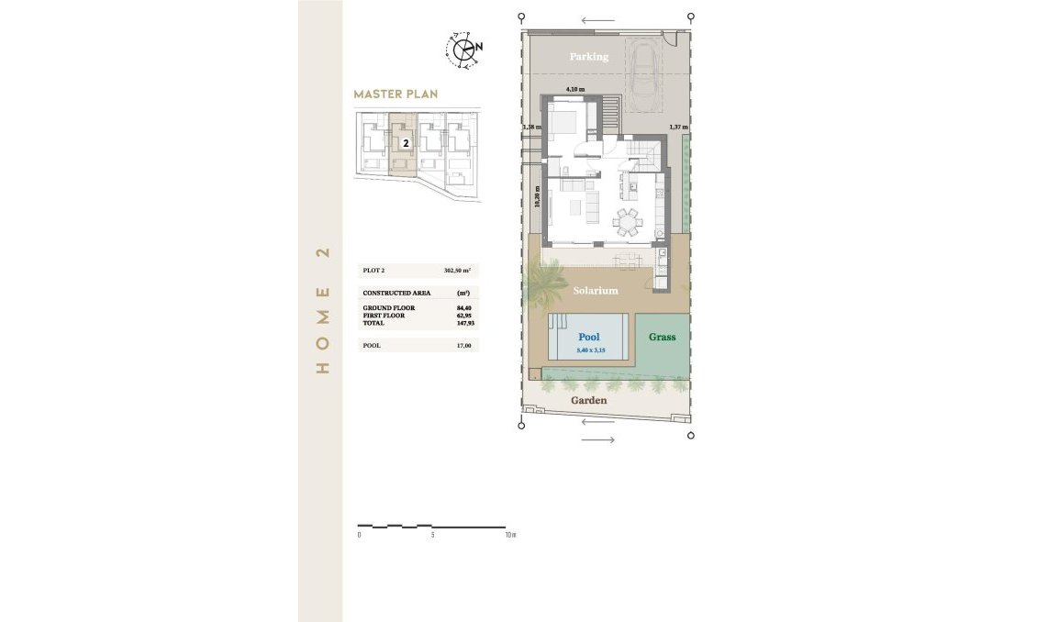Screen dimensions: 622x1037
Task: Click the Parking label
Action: pyautogui.click(x=588, y=57)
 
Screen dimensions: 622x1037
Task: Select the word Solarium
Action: pyautogui.click(x=596, y=291)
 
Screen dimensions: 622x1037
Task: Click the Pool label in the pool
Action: pyautogui.click(x=588, y=338)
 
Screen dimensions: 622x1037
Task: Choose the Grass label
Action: pyautogui.click(x=662, y=337)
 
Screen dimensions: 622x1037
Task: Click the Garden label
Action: pyautogui.click(x=588, y=401)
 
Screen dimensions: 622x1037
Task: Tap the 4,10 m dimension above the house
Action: pyautogui.click(x=574, y=88)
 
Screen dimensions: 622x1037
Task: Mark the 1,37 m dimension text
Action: pyautogui.click(x=677, y=127)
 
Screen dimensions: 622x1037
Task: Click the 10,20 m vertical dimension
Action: pyautogui.click(x=537, y=198)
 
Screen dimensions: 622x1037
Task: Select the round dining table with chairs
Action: pyautogui.click(x=629, y=220)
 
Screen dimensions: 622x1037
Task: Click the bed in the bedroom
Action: pyautogui.click(x=563, y=120)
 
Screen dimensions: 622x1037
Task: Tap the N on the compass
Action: pyautogui.click(x=479, y=46)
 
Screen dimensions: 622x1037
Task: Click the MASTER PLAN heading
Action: pyautogui.click(x=396, y=94)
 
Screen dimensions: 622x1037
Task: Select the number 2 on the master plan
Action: pyautogui.click(x=405, y=143)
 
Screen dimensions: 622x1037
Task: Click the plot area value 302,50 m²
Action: pyautogui.click(x=456, y=272)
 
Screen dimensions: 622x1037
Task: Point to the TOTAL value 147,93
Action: pyautogui.click(x=463, y=322)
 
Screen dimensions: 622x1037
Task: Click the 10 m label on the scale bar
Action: pyautogui.click(x=511, y=534)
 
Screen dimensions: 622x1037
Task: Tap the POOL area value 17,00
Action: pyautogui.click(x=463, y=346)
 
